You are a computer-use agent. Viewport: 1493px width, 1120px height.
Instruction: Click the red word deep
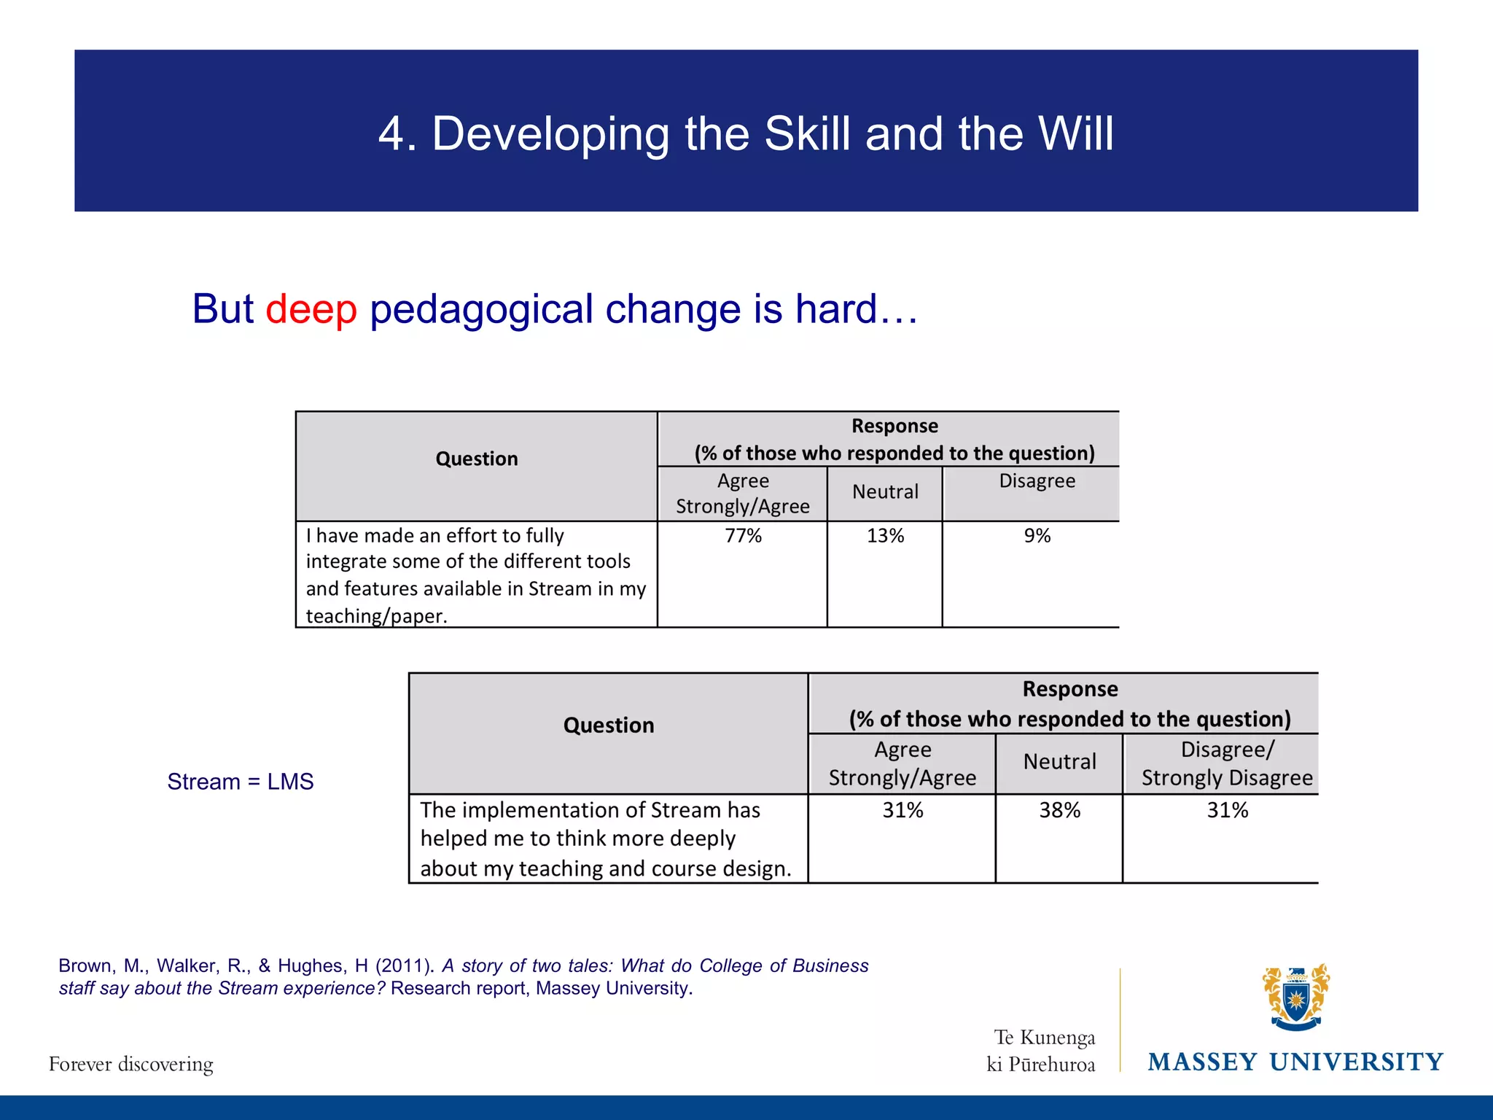coord(311,309)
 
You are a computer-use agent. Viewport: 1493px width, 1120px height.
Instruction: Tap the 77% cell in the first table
coord(743,536)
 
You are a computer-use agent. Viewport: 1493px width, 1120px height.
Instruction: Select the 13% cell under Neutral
coord(885,536)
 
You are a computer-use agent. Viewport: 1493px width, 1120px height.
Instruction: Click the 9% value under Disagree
coord(1037,536)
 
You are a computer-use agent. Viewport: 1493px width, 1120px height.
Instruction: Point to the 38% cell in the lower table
coord(1059,810)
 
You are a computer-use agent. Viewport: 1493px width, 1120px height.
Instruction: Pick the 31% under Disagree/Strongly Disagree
coord(1227,810)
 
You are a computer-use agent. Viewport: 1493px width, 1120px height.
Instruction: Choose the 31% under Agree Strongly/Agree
coord(903,810)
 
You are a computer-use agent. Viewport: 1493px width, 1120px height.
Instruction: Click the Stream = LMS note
coord(240,782)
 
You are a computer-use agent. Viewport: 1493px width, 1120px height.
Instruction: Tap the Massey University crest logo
coord(1295,997)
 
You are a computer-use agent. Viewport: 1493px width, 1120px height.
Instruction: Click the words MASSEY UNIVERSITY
coord(1295,1062)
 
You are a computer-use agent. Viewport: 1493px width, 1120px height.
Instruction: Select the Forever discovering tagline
coord(131,1064)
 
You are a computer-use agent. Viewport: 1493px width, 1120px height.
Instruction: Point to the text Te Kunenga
coord(1044,1037)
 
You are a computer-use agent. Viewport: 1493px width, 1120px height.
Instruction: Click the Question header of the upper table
coord(477,459)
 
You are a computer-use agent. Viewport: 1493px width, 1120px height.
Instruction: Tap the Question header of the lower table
coord(609,726)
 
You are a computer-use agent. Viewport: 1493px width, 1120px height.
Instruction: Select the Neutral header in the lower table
coord(1059,762)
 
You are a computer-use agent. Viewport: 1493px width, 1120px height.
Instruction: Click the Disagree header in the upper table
coord(1037,481)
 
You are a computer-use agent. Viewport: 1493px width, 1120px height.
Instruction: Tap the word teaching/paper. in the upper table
coord(376,616)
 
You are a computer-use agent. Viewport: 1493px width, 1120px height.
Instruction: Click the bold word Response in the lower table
coord(1069,689)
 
